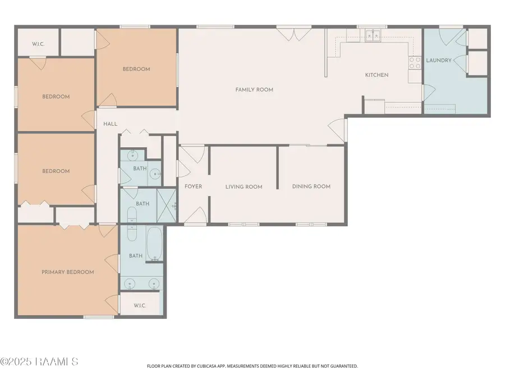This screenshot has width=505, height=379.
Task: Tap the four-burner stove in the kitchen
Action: (x=415, y=62)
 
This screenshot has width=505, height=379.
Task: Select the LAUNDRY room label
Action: (x=439, y=61)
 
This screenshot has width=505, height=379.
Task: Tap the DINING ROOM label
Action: (x=311, y=186)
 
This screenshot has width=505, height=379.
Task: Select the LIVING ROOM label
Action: (x=244, y=187)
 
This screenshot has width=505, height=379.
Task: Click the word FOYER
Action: (x=193, y=186)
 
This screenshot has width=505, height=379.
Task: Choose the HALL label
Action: (x=111, y=124)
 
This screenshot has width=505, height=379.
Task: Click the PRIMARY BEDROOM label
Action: (x=67, y=272)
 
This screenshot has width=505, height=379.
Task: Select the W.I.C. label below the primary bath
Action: (x=140, y=305)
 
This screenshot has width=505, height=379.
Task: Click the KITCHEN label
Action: (x=377, y=75)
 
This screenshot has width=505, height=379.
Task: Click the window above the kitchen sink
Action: (x=369, y=26)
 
